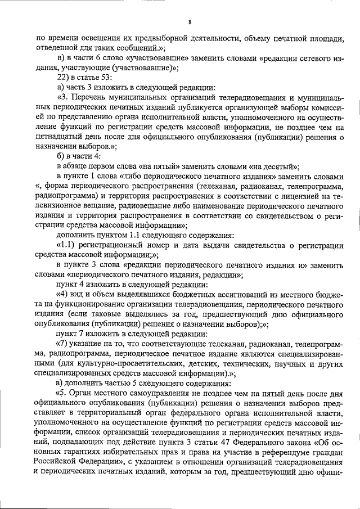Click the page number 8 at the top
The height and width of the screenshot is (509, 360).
[190, 22]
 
